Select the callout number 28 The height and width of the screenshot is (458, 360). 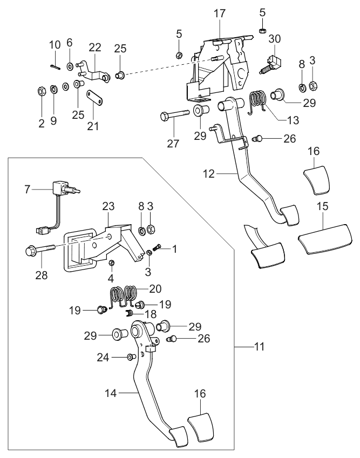(x=41, y=275)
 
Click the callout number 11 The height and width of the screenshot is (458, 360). (x=261, y=345)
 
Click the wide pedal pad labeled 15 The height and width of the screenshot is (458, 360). (x=320, y=238)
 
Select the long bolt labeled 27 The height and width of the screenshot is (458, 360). (x=174, y=115)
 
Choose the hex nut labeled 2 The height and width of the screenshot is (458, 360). (x=41, y=90)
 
